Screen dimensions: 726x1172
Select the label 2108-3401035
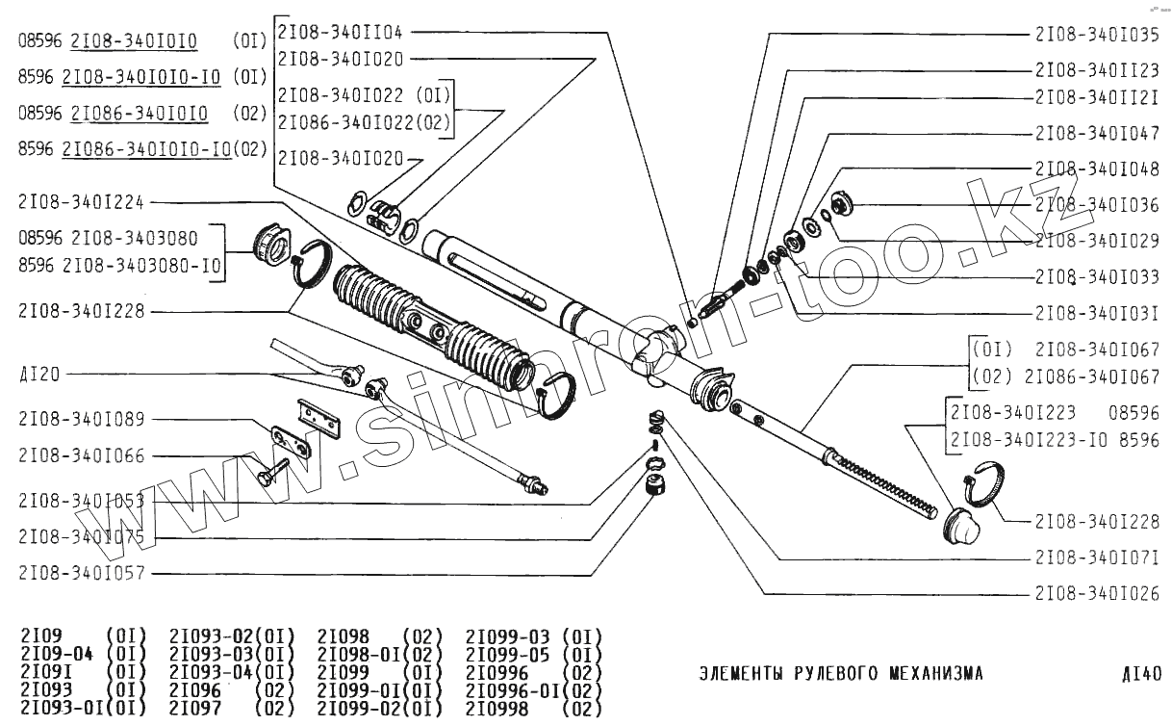pyautogui.click(x=1097, y=34)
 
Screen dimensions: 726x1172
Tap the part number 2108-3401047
pyautogui.click(x=1097, y=133)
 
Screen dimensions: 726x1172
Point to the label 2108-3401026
pyautogui.click(x=1097, y=592)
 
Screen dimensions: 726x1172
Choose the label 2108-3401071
pyautogui.click(x=1097, y=557)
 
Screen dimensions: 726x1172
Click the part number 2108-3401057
pyautogui.click(x=81, y=573)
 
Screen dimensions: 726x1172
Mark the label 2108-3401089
pyautogui.click(x=81, y=419)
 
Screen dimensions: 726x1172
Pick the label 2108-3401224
pyautogui.click(x=81, y=201)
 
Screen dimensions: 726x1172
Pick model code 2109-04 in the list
pyautogui.click(x=56, y=654)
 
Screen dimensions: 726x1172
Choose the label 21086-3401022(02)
pyautogui.click(x=364, y=123)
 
